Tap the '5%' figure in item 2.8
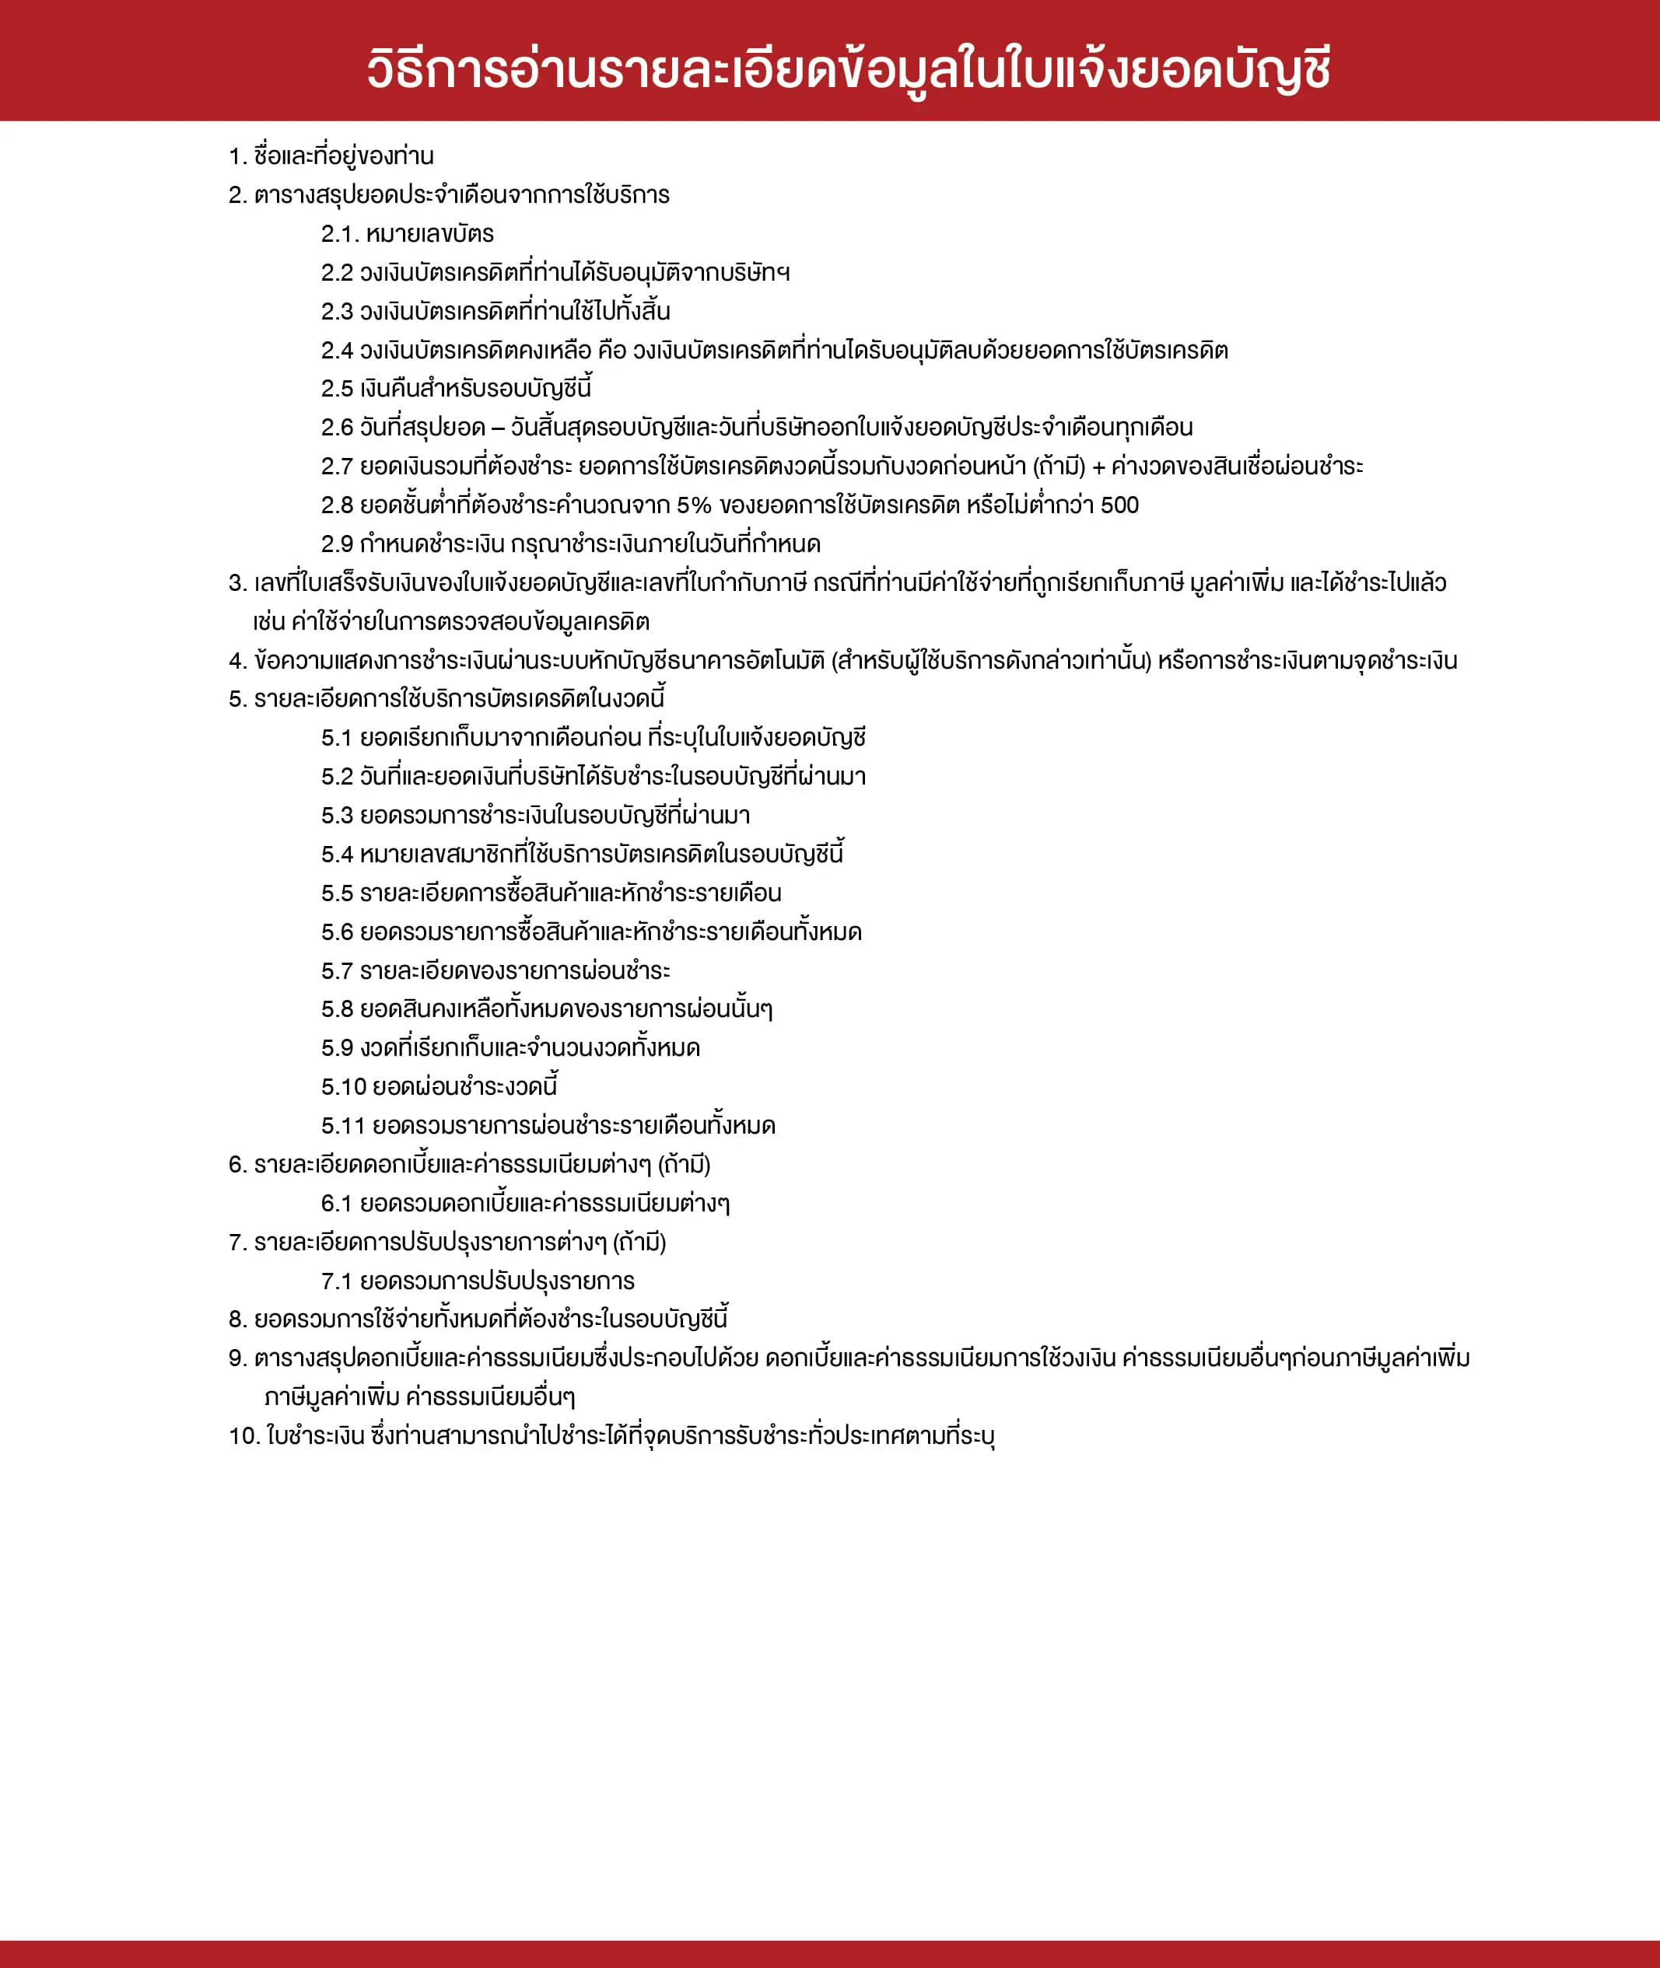694,505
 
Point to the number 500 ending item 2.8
1119,505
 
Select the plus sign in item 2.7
1098,467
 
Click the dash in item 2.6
498,428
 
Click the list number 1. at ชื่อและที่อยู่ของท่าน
237,156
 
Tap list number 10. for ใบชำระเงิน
243,1435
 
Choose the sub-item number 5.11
342,1126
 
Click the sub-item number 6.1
337,1203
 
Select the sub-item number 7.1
337,1281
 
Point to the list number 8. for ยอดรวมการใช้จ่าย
237,1320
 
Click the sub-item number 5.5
337,893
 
